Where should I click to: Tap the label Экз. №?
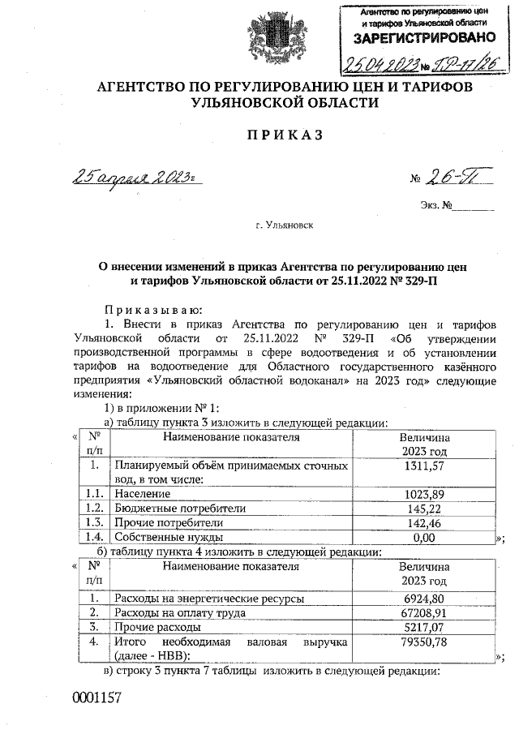click(x=435, y=207)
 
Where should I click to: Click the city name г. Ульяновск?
click(x=283, y=228)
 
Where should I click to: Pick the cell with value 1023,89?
click(x=425, y=494)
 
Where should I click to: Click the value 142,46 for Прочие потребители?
click(x=425, y=523)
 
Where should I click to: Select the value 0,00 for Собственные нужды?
click(x=425, y=537)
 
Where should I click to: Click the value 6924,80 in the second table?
click(x=425, y=598)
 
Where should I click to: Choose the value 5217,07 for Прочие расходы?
click(x=425, y=627)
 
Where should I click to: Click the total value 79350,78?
click(x=425, y=642)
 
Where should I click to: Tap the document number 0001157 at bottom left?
click(x=97, y=698)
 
